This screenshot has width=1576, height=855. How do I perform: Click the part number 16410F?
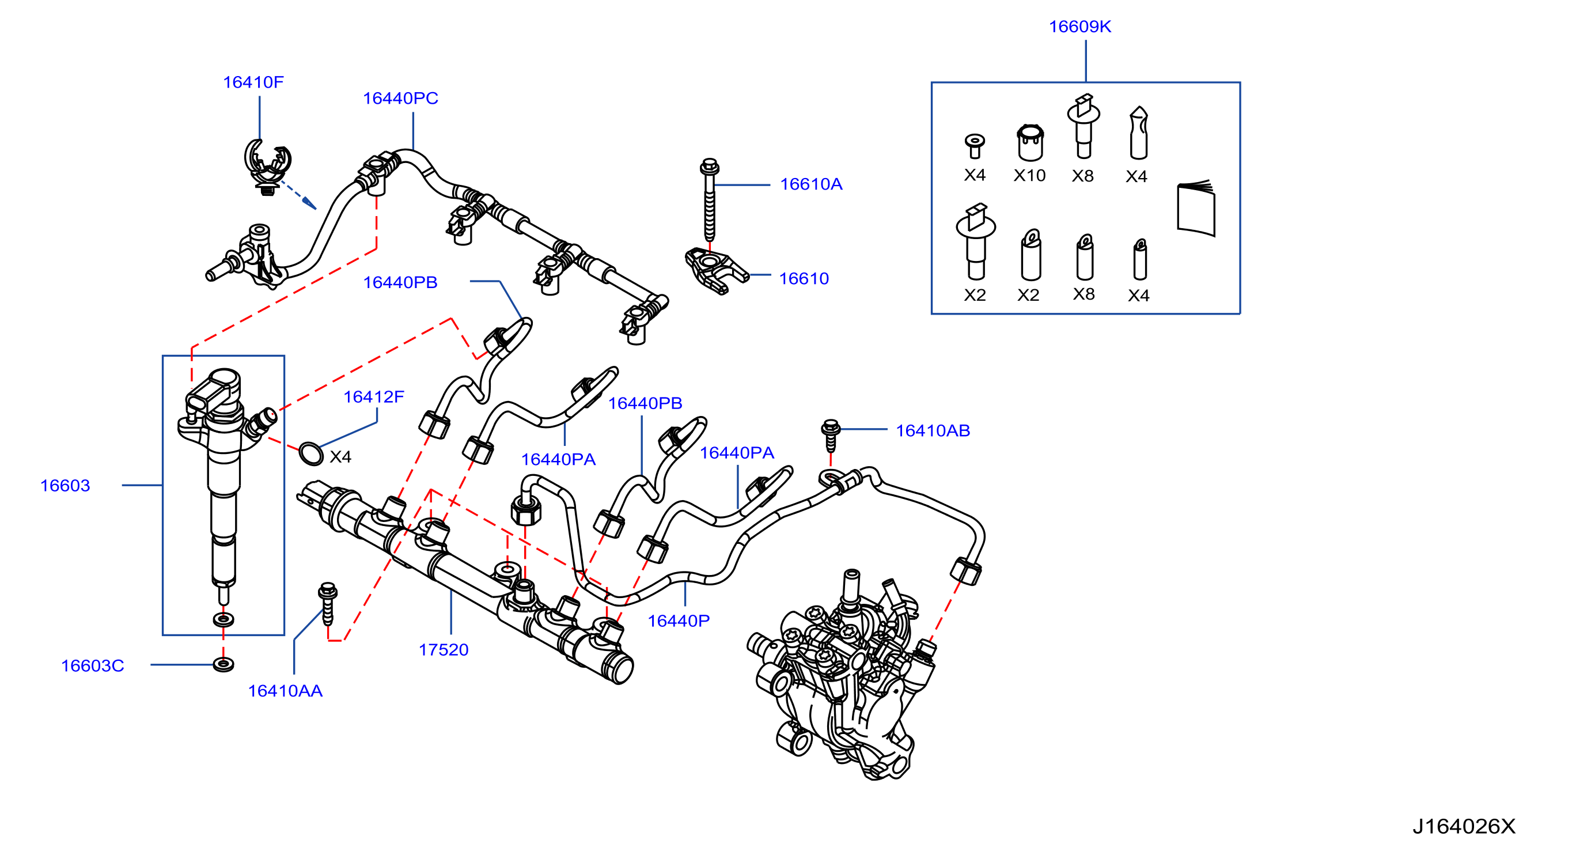pos(253,82)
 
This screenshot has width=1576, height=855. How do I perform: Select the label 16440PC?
pos(400,98)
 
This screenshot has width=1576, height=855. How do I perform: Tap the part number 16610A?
pos(810,184)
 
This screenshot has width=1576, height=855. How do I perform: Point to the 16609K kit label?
pos(1080,27)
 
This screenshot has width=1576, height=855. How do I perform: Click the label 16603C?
pos(92,665)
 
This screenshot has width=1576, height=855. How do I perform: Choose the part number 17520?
pos(443,649)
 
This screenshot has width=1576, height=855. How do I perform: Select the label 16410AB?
pos(933,430)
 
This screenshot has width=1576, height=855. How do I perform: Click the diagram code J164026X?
pos(1464,826)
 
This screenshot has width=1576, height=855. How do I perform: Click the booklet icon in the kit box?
pos(1196,207)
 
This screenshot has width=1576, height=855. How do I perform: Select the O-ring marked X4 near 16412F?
pos(311,454)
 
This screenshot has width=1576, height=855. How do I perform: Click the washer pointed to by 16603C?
pos(223,664)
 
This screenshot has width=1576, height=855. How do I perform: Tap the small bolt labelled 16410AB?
pos(830,434)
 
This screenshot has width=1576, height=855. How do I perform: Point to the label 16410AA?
pos(285,690)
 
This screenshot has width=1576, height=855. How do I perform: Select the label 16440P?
pos(678,621)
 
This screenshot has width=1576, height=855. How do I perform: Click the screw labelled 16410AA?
pos(328,603)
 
